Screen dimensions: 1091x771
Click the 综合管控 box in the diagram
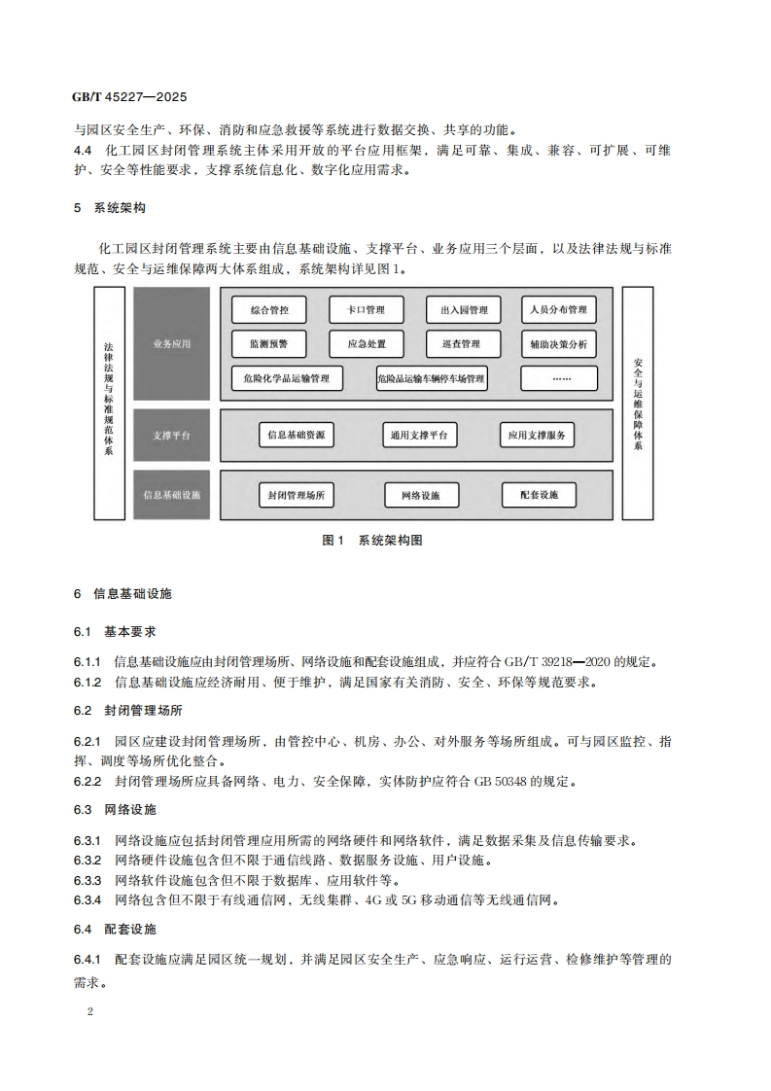269,310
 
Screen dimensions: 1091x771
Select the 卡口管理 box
366,310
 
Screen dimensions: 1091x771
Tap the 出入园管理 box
463,310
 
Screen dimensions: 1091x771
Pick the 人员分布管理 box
558,310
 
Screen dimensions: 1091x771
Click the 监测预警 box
269,344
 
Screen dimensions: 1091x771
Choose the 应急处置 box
366,344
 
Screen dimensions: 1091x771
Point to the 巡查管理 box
463,344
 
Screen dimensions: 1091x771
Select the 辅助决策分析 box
558,344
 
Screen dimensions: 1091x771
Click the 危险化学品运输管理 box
289,378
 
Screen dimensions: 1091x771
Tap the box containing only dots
558,378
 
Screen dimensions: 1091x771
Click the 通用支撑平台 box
419,436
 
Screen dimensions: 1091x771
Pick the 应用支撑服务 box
537,436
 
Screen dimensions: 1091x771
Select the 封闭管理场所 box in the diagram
297,495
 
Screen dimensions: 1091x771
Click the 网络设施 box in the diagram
420,495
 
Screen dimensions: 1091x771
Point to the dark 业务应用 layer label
173,343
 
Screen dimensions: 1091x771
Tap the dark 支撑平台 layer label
173,436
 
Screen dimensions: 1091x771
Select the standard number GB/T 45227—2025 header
129,98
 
